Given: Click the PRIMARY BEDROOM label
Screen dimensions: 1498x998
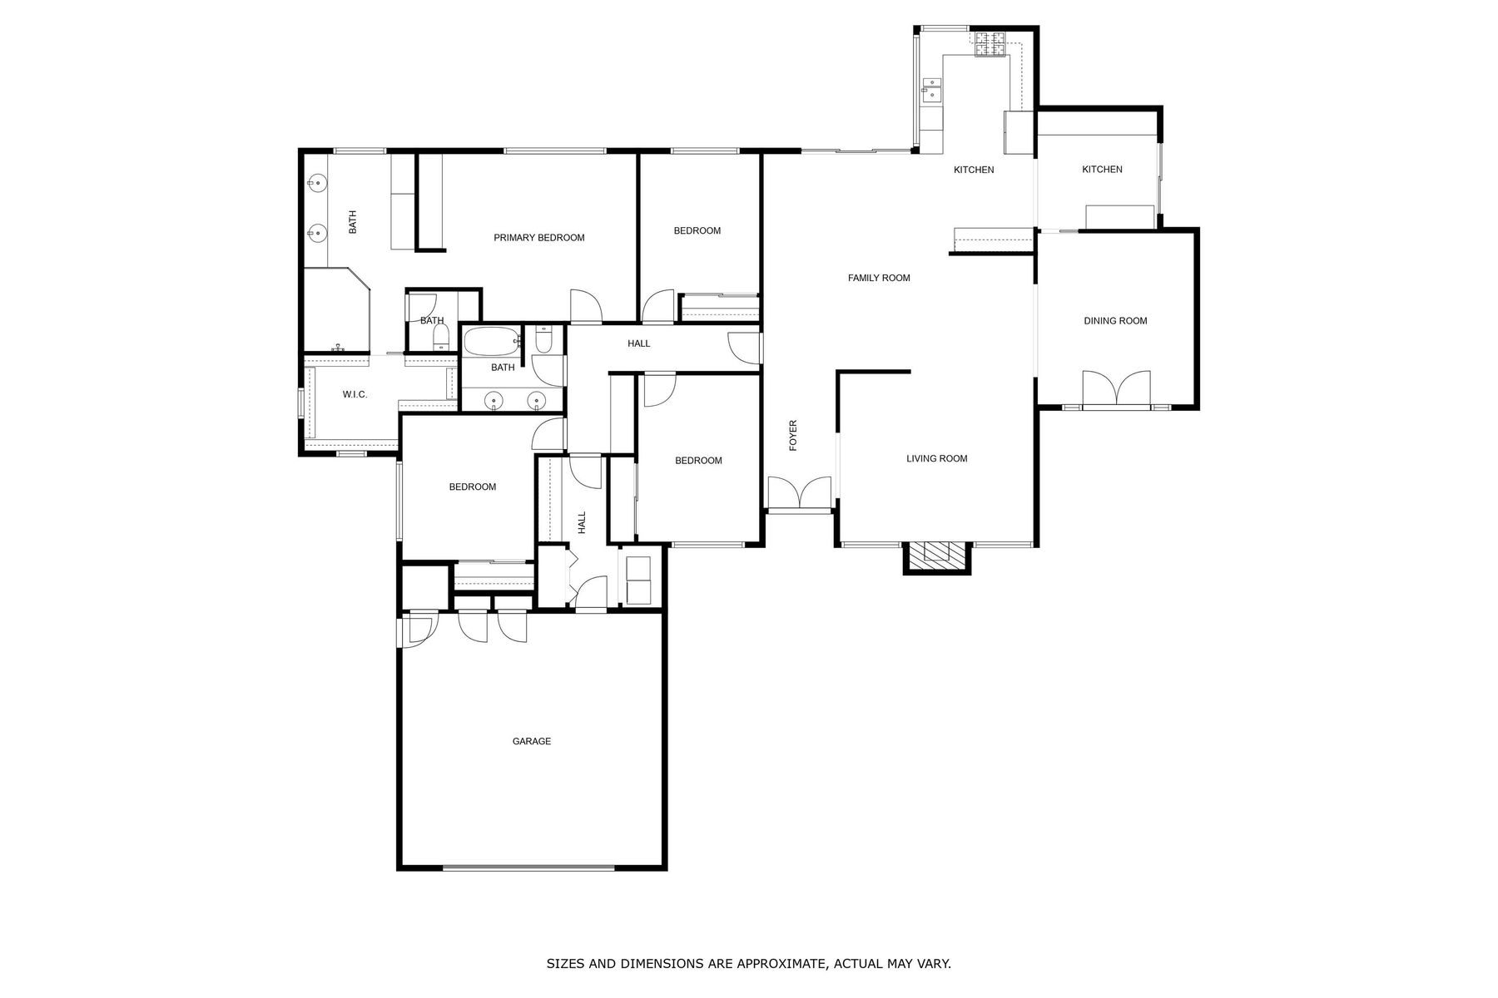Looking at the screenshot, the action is (539, 238).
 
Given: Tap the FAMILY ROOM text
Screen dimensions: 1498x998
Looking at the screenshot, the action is (879, 278).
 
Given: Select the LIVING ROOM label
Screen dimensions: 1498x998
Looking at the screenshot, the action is (936, 458).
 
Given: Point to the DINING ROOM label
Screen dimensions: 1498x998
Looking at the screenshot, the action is (1115, 321).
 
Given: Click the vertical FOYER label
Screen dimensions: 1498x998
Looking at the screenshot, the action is (793, 436).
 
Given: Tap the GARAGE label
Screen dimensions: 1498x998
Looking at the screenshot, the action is (532, 741).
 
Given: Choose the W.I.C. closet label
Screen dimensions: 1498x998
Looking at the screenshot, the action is (355, 394).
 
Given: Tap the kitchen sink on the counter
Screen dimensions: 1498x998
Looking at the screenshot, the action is (931, 88).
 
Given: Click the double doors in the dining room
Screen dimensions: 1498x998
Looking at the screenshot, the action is (1117, 388).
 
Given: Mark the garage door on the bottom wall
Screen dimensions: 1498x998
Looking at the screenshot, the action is (528, 867).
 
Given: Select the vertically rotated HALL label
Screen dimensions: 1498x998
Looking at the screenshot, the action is (582, 522).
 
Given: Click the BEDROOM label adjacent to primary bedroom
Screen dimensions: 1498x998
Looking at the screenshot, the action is (697, 231).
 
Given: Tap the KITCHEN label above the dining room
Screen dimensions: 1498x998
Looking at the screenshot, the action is (1102, 170).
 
